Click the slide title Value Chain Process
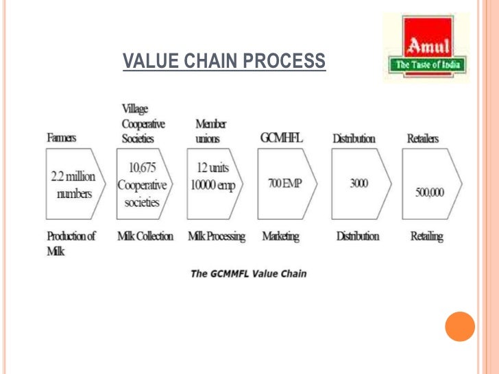click(x=224, y=62)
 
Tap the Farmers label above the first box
click(x=62, y=138)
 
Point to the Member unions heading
click(x=210, y=131)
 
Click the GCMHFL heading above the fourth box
click(x=281, y=138)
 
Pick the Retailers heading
click(x=423, y=138)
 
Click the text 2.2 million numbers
click(x=73, y=184)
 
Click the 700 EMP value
click(x=284, y=185)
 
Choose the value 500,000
click(x=429, y=192)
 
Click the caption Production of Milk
click(x=71, y=243)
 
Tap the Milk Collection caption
click(x=145, y=236)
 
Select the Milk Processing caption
click(x=217, y=236)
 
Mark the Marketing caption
click(x=280, y=236)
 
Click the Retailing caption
click(x=426, y=236)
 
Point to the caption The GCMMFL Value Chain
click(x=248, y=274)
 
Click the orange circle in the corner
click(x=459, y=326)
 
